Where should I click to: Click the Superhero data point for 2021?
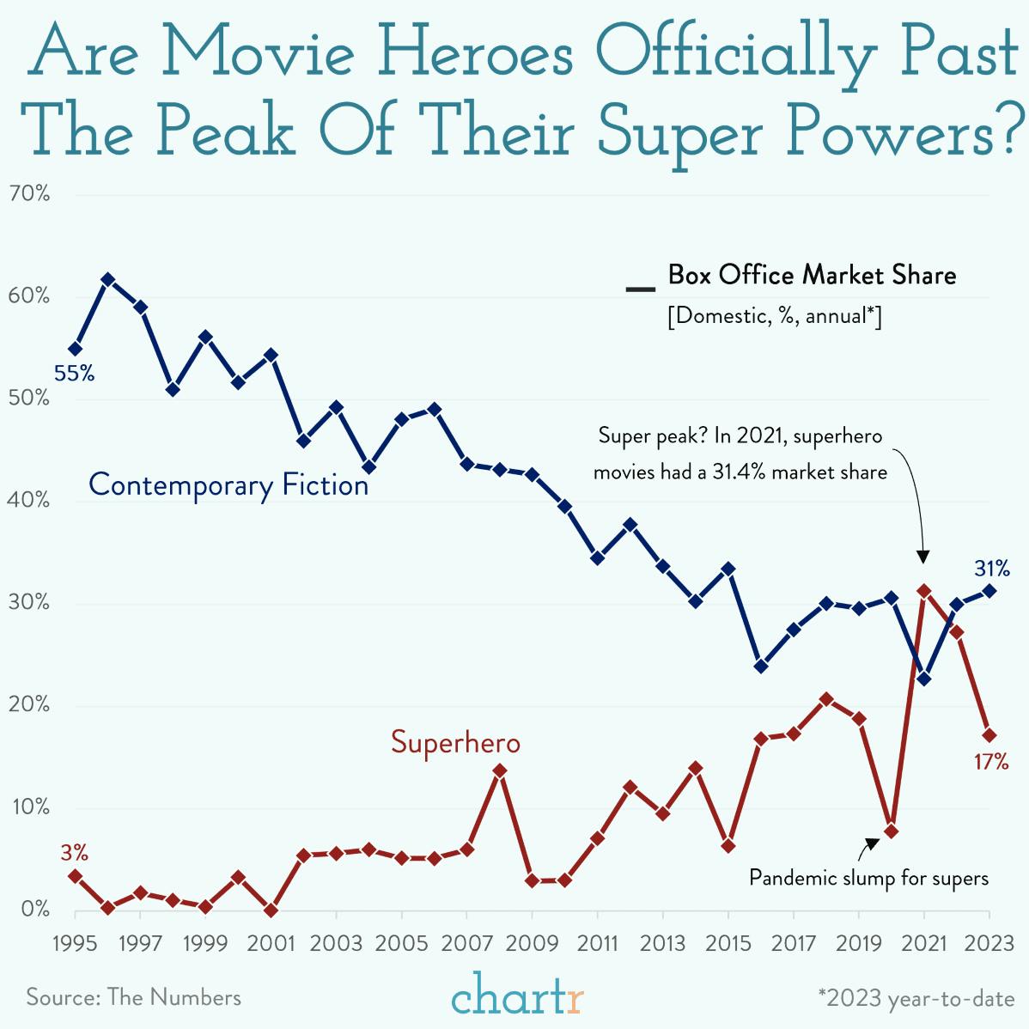[x=924, y=591]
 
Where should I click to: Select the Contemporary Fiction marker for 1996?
[x=108, y=279]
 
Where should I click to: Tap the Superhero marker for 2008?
[x=500, y=770]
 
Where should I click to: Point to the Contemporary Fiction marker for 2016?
[x=761, y=666]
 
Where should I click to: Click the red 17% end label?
[x=990, y=762]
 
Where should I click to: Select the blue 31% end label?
[x=991, y=569]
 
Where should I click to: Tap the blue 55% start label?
[x=74, y=374]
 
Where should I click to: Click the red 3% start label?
[x=74, y=853]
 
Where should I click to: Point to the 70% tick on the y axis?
[x=30, y=194]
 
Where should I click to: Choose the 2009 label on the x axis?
[x=532, y=943]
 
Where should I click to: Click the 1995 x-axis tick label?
[x=75, y=943]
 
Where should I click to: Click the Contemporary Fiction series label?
[x=228, y=485]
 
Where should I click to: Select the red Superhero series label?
[x=455, y=742]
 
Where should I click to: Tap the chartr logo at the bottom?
[x=517, y=996]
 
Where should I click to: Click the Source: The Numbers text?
[x=133, y=997]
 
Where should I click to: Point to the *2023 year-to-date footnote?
[x=916, y=998]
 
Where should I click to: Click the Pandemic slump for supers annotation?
[x=868, y=878]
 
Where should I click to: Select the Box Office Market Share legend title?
[x=812, y=275]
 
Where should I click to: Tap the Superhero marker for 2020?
[x=892, y=831]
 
